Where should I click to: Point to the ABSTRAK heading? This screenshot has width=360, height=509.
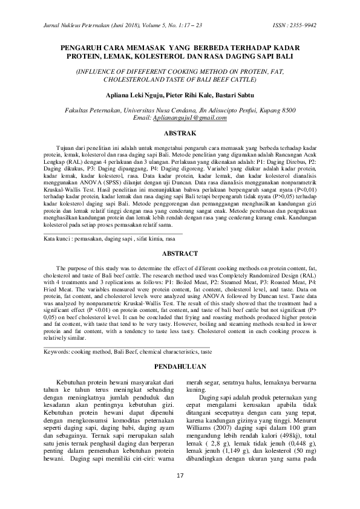pos(180,132)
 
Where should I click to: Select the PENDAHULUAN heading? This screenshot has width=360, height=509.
pos(180,367)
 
